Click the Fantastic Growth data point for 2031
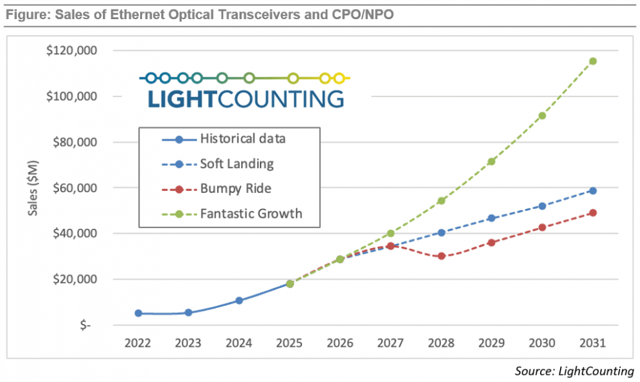point(593,61)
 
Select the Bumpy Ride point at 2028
point(441,256)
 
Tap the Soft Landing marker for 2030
point(542,206)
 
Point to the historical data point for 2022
point(138,313)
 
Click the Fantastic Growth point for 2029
point(492,162)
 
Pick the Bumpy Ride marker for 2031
point(593,213)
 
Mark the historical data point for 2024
point(239,300)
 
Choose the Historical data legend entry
point(243,139)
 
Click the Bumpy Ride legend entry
point(236,189)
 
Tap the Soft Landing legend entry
point(237,164)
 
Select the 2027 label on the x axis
point(390,343)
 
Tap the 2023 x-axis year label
point(188,343)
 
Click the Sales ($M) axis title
point(33,188)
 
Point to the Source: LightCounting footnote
point(573,371)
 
